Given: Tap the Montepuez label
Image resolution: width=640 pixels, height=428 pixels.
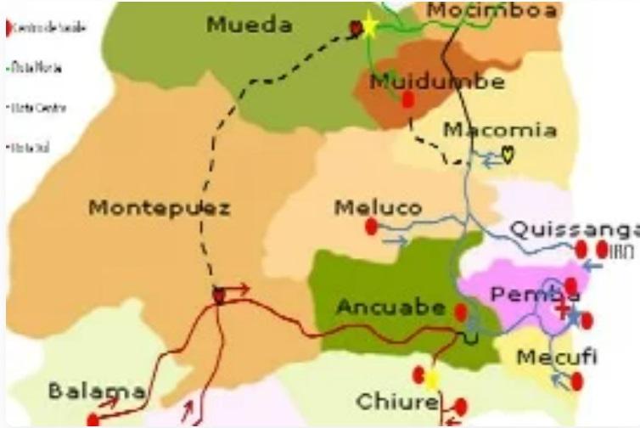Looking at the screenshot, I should [160, 208].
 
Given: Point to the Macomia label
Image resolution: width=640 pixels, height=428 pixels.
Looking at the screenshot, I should [501, 131].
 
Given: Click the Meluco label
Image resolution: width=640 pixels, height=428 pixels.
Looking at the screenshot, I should [378, 208].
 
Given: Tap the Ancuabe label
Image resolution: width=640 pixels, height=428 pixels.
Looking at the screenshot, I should [390, 307].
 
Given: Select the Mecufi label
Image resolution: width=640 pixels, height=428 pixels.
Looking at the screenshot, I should [557, 357].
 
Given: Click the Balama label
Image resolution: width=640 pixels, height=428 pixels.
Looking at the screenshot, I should [96, 391].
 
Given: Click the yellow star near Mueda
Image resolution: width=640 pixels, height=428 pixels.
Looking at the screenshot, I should [369, 26].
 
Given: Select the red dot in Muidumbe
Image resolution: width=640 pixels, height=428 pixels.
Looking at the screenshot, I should [407, 100].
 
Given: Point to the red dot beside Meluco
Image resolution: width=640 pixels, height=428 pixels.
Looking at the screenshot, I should [371, 227].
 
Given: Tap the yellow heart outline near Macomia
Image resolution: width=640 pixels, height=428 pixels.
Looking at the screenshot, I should [508, 155].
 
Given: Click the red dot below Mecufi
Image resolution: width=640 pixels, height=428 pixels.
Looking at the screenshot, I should [577, 381].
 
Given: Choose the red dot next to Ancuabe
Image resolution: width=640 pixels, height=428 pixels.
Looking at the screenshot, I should [460, 312].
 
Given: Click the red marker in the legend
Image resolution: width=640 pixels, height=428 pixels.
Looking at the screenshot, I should [9, 27].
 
